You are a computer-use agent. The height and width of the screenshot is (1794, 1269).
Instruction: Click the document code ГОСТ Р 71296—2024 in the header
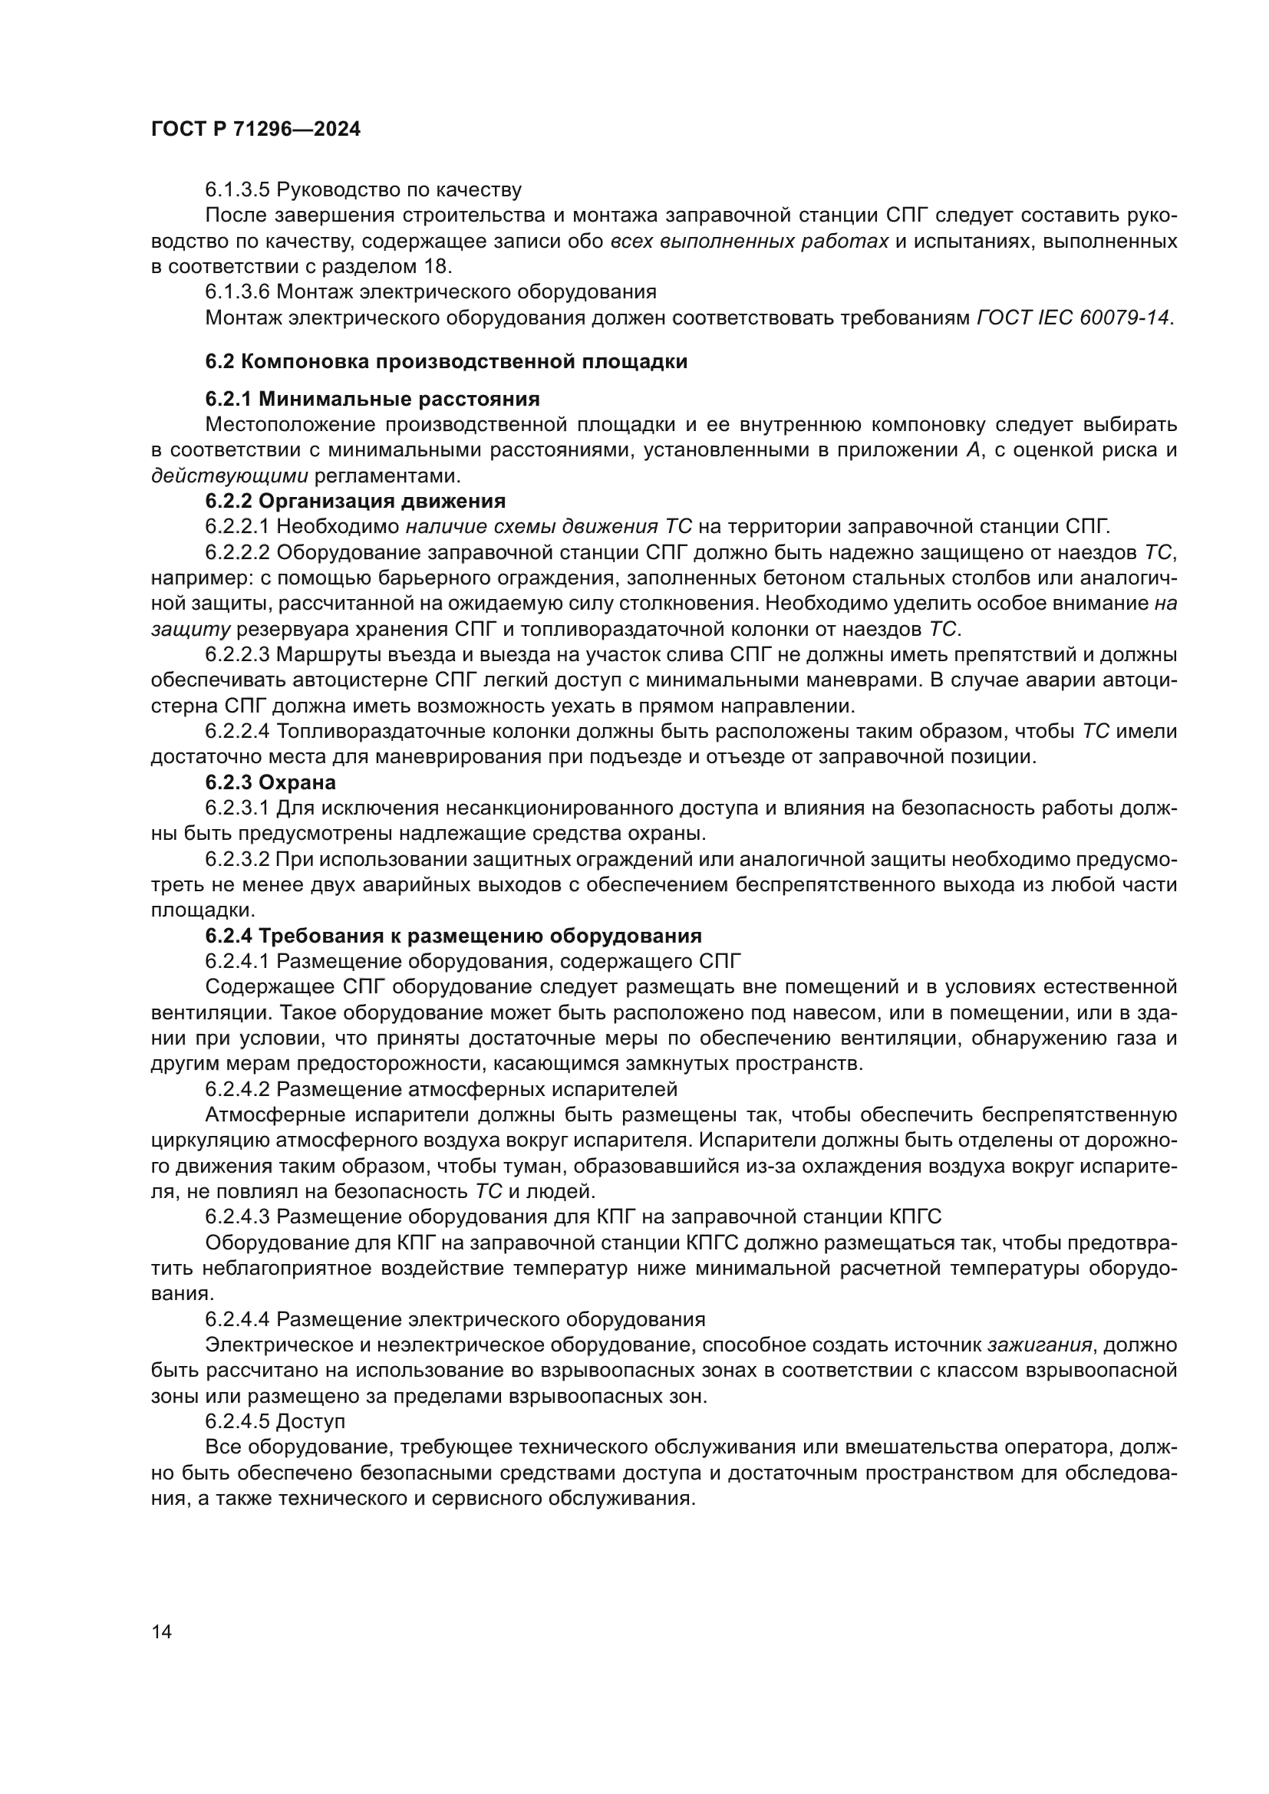(255, 130)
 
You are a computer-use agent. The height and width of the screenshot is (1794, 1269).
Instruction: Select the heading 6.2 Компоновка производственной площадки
(447, 362)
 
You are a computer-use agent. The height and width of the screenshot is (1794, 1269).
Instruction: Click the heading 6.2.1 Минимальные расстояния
(372, 400)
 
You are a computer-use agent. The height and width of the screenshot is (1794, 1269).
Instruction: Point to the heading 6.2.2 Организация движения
(355, 501)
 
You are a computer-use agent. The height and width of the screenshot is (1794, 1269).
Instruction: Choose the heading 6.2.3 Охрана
(270, 782)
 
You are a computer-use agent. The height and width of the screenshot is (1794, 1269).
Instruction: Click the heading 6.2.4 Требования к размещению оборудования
(453, 935)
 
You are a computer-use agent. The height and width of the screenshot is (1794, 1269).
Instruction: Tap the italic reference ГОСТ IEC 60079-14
(1073, 318)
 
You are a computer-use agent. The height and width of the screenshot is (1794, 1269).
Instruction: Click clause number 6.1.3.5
(238, 190)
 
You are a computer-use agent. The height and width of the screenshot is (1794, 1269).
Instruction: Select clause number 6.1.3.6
(238, 292)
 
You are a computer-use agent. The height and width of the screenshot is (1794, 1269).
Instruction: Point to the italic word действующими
(229, 476)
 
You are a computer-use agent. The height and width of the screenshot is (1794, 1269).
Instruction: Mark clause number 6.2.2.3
(238, 655)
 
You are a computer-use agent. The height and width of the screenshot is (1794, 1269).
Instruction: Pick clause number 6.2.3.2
(238, 860)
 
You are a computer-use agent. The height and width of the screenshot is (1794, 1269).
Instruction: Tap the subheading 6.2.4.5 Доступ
(275, 1420)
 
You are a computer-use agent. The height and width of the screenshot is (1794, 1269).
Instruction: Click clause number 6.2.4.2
(238, 1089)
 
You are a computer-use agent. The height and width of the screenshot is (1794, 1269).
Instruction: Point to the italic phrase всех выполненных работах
(749, 241)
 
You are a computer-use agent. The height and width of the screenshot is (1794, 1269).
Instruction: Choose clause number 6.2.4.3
(238, 1216)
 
